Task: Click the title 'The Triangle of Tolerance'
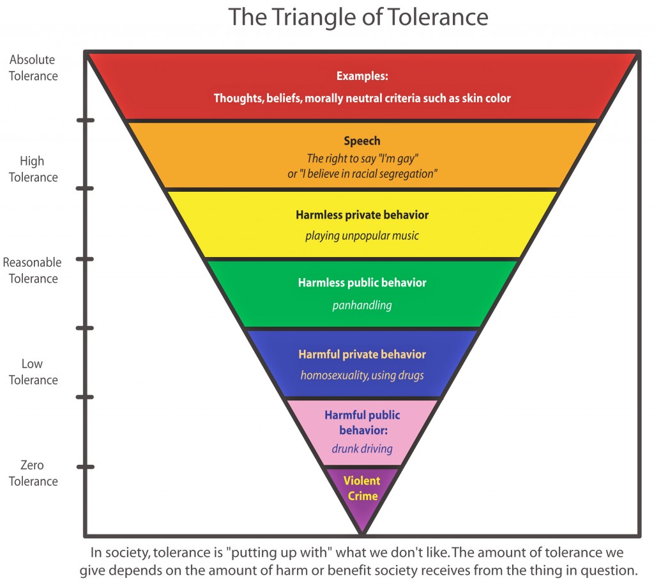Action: click(358, 17)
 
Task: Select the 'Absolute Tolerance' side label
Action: click(33, 68)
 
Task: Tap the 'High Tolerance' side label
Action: click(33, 169)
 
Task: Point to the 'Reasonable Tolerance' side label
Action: click(33, 270)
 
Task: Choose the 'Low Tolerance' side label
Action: click(33, 372)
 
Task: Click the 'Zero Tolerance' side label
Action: click(33, 473)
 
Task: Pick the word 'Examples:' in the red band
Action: click(362, 76)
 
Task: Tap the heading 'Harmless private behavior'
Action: click(362, 215)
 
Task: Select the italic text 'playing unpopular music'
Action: click(362, 236)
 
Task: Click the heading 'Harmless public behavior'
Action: click(362, 283)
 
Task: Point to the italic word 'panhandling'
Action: click(362, 305)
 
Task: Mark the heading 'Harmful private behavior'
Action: click(362, 354)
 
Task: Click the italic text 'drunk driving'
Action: click(362, 448)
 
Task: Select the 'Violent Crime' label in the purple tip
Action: click(362, 488)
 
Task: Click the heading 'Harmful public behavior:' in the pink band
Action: click(362, 423)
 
